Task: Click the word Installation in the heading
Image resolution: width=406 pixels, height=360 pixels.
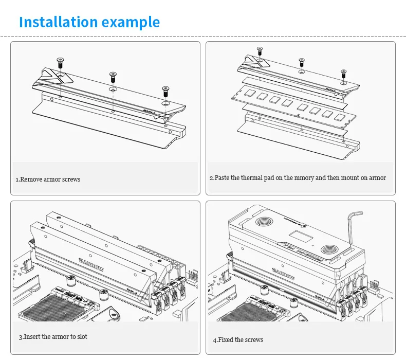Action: coord(58,22)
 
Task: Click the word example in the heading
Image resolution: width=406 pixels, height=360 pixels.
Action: coord(131,23)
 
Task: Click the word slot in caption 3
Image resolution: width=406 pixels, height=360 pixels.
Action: coord(82,336)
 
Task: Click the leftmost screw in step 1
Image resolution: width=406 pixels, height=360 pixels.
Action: coord(60,62)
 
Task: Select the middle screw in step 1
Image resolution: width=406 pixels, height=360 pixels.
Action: coord(113,77)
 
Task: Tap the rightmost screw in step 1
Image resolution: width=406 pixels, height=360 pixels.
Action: coord(165,92)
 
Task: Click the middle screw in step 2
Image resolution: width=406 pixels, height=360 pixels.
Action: coord(302,62)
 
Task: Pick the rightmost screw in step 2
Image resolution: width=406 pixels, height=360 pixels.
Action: coord(344,74)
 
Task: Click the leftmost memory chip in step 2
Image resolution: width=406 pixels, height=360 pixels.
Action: coord(250,93)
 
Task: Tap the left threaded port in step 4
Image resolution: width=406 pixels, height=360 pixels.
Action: coord(264,222)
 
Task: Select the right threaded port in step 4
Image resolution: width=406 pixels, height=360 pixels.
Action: coord(329,250)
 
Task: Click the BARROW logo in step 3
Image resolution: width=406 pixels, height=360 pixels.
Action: coord(91,264)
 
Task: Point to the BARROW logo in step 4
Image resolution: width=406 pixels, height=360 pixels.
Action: coord(283,274)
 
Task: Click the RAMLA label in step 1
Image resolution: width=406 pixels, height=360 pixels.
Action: coord(150,112)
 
